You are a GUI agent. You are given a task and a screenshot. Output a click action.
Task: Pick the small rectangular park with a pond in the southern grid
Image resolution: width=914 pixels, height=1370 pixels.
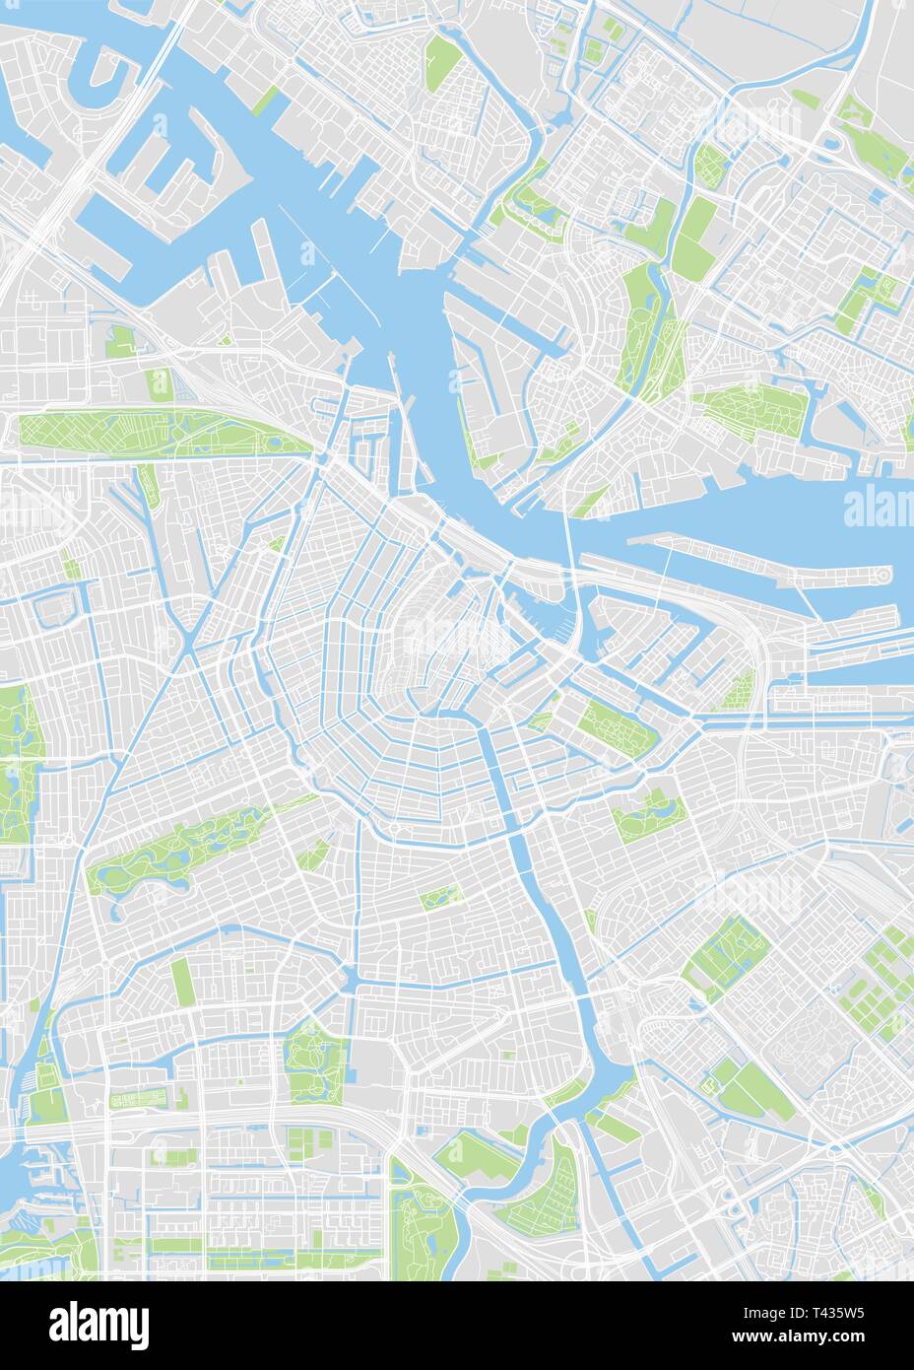(x=442, y=897)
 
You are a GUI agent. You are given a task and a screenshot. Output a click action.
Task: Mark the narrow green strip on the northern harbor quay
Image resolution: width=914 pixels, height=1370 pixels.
(x=266, y=100)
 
